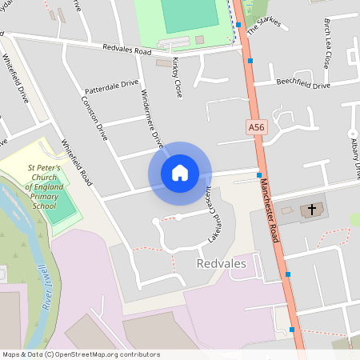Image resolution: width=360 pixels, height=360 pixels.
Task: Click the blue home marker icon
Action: (179, 173)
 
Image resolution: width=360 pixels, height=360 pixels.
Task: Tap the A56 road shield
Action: (254, 126)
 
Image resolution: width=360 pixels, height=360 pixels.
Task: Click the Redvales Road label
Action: (126, 50)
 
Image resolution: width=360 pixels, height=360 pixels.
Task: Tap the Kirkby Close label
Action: (177, 78)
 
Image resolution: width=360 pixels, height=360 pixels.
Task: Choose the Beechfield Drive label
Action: (303, 84)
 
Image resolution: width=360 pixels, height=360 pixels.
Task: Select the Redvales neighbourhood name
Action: (220, 262)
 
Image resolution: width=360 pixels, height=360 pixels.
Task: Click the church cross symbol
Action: (312, 210)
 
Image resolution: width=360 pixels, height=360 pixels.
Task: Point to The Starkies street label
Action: (263, 25)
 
